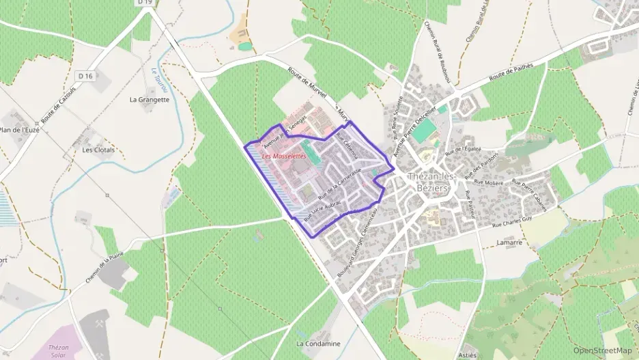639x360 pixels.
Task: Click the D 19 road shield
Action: tap(143, 3)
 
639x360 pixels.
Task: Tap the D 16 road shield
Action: tap(85, 76)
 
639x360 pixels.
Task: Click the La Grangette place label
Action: tap(150, 99)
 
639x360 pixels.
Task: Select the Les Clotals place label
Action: tap(98, 150)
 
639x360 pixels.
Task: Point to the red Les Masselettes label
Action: tap(284, 156)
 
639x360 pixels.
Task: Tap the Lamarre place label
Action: tap(509, 243)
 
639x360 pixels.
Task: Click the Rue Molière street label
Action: tap(488, 183)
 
